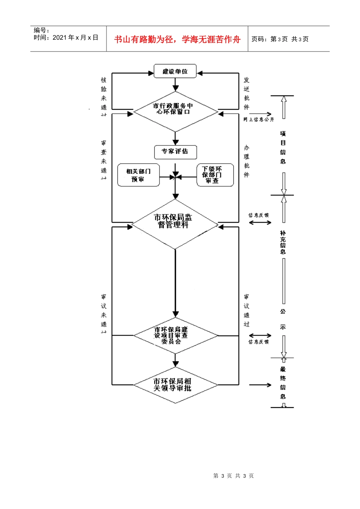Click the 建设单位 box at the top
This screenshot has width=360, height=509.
tap(175, 71)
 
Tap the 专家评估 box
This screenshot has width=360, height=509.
tap(175, 151)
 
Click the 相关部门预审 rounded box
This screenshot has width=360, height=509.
tap(138, 175)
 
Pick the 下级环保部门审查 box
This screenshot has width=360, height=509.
tap(215, 175)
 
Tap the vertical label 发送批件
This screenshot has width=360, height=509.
tap(247, 94)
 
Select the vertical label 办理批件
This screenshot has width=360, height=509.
tap(247, 161)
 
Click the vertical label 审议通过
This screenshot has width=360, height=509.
tap(247, 311)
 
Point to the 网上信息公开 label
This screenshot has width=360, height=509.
tap(259, 120)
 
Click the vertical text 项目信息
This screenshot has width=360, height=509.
tap(283, 148)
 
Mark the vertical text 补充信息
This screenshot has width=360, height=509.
tap(283, 242)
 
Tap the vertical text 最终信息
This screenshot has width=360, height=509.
tap(283, 383)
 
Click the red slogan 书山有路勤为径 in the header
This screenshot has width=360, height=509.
tap(177, 39)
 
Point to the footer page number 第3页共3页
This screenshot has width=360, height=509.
tap(233, 476)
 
